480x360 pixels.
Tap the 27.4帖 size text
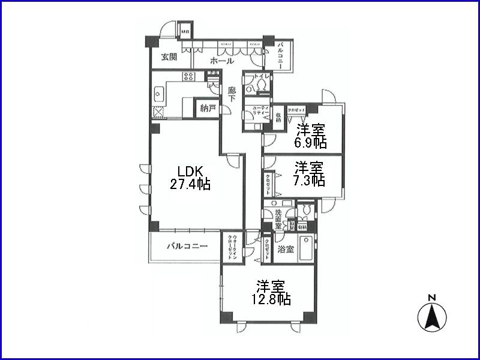[x=190, y=184]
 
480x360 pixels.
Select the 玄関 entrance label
[x=169, y=58]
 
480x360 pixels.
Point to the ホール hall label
[x=222, y=61]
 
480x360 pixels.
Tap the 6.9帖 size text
[x=311, y=143]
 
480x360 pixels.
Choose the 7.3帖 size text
[x=310, y=179]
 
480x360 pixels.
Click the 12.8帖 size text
[x=271, y=299]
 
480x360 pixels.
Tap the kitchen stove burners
[x=188, y=77]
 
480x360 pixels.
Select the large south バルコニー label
[x=187, y=247]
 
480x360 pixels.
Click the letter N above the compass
[x=431, y=298]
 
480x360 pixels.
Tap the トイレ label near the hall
[x=263, y=77]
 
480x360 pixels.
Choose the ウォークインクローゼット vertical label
[x=231, y=247]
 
